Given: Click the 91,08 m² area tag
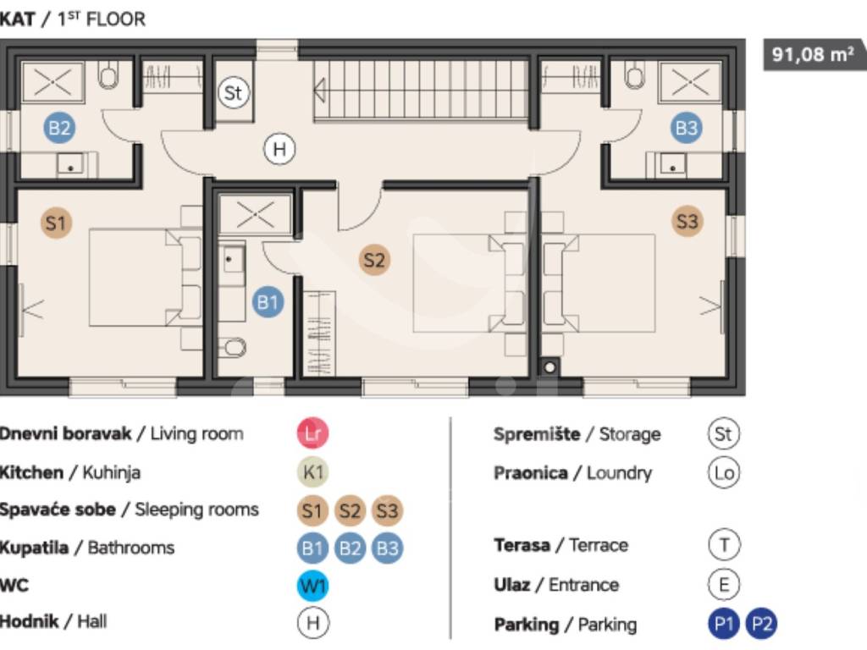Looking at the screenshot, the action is [813, 54].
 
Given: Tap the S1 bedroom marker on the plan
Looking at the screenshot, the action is [56, 223].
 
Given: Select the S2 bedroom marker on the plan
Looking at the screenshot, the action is [374, 260].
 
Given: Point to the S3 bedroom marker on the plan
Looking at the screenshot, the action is [688, 222].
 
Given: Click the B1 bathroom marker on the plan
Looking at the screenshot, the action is [268, 302].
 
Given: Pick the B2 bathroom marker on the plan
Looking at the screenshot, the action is [59, 129].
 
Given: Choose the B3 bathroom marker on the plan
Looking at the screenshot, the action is [687, 128].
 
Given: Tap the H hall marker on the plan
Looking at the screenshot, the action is [279, 149].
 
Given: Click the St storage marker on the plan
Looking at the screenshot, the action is [234, 92].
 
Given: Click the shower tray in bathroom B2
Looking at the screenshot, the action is [52, 82].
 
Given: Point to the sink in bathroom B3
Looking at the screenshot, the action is [671, 165].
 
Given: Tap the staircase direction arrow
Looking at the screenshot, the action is [319, 90].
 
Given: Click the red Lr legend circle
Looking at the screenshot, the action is [313, 432].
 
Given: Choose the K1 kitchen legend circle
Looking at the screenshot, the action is [313, 472].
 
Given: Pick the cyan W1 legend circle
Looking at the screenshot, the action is [313, 586].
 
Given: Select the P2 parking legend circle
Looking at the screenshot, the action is [761, 624].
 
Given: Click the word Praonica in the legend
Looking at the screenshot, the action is [530, 473].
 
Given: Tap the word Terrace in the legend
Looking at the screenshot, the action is [599, 546].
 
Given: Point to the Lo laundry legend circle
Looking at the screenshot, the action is [724, 472].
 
